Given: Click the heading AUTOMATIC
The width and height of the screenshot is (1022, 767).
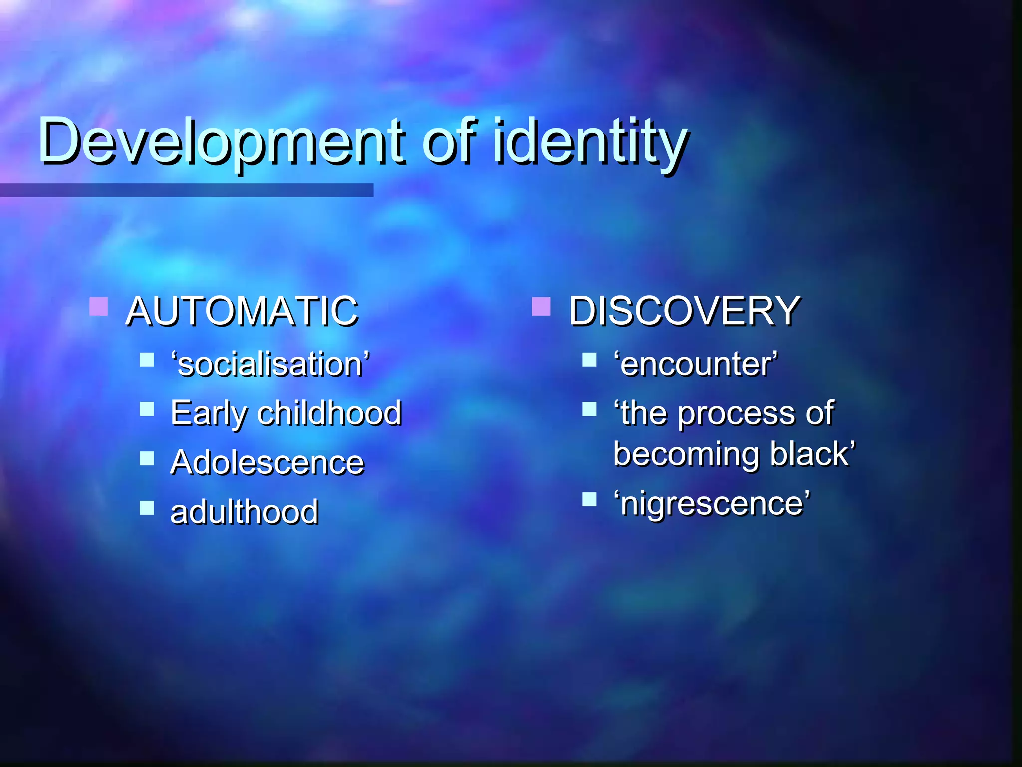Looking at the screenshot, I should click(242, 311).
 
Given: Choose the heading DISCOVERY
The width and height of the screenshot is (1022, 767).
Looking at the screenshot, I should click(685, 311).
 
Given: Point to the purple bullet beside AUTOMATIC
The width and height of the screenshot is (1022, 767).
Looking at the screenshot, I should click(99, 307).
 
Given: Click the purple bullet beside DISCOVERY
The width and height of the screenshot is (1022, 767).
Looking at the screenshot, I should click(541, 307).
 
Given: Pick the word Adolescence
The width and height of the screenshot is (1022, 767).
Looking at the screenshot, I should click(267, 462).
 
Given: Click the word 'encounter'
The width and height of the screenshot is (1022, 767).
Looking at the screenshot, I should click(696, 364).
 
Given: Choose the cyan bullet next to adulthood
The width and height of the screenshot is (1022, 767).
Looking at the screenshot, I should click(147, 508).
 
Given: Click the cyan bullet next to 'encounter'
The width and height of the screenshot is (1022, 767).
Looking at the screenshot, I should click(589, 359).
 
